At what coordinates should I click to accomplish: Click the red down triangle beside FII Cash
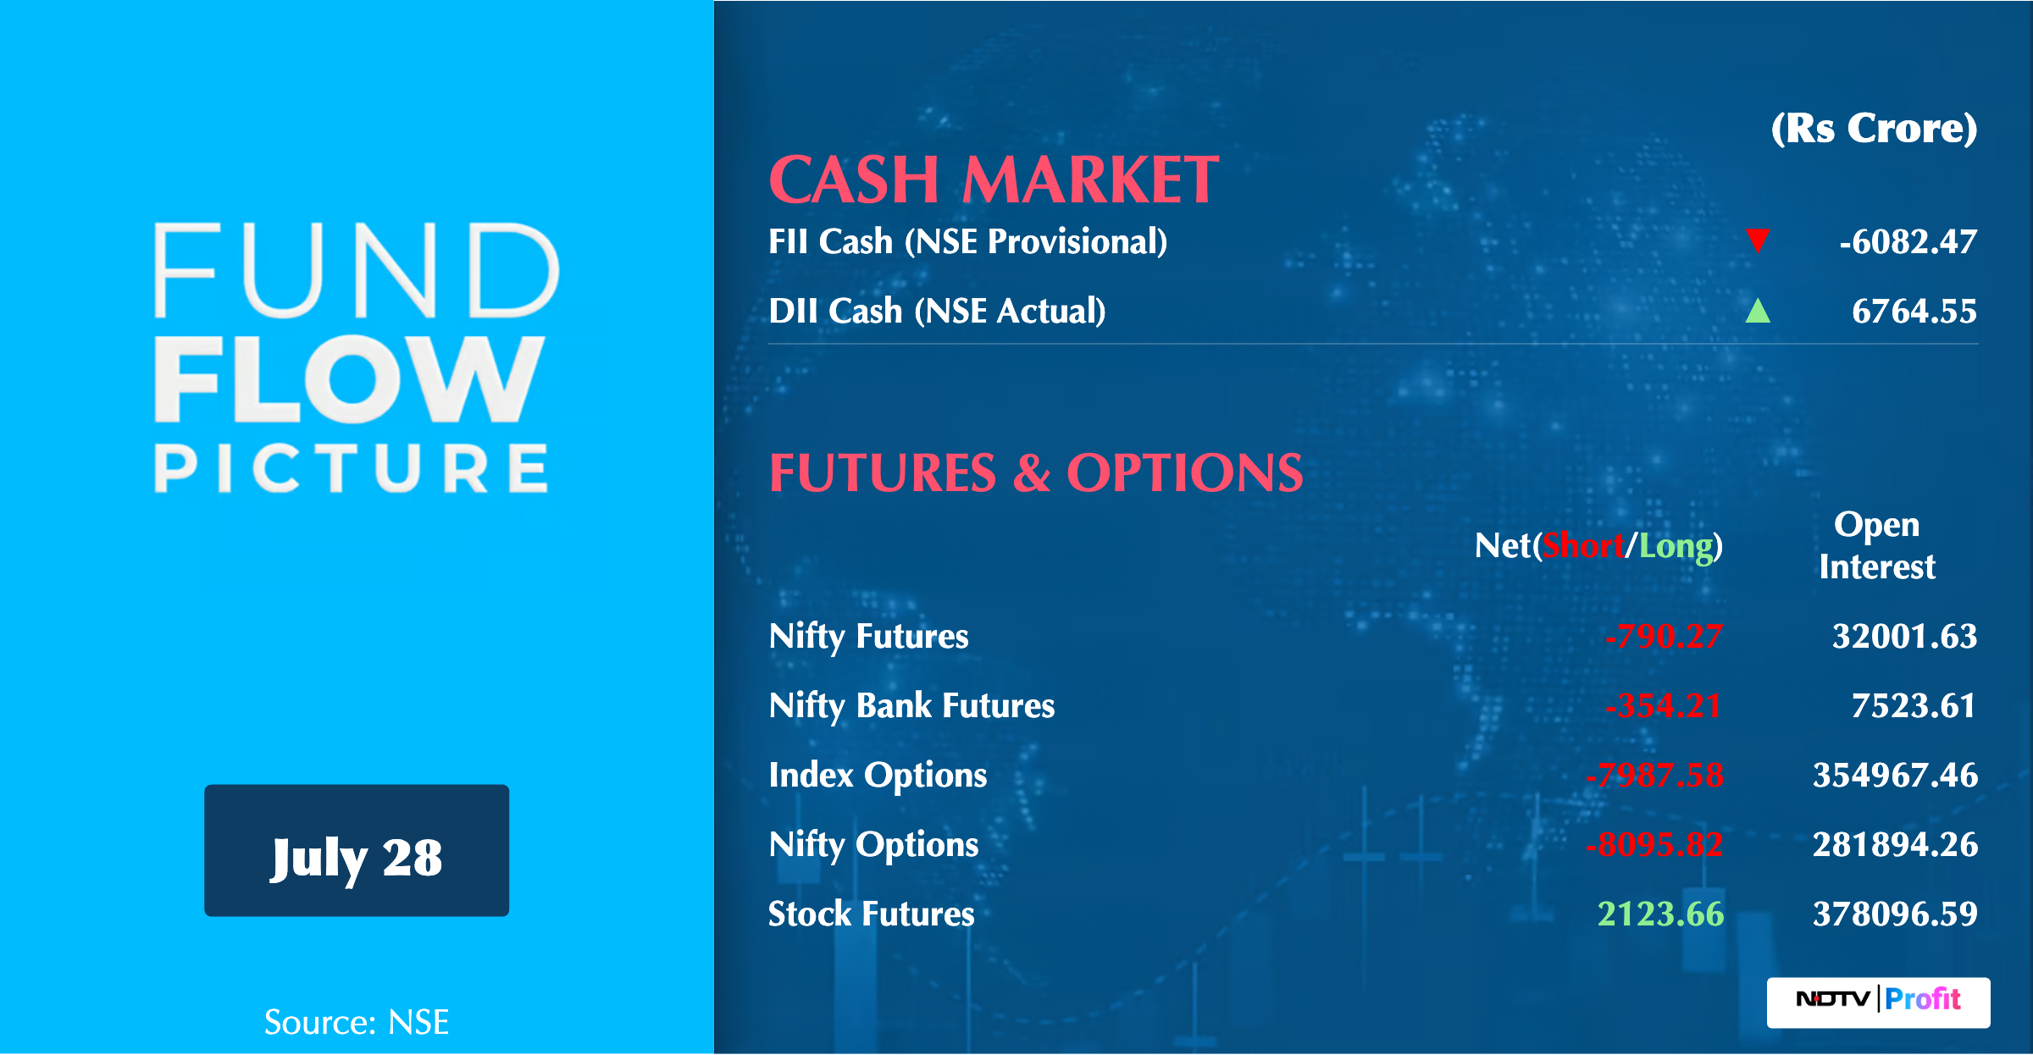tap(1758, 240)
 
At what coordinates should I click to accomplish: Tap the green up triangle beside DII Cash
tap(1758, 312)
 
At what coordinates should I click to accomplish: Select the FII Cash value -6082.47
tap(1908, 242)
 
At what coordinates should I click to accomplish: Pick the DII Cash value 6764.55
tap(1914, 312)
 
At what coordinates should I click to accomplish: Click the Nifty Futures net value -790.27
tap(1664, 637)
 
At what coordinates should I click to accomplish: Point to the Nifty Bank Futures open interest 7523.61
tap(1913, 706)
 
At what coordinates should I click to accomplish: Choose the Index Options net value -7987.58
tap(1654, 776)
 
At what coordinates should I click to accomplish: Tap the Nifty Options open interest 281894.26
tap(1895, 845)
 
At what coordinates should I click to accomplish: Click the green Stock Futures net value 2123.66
tap(1660, 914)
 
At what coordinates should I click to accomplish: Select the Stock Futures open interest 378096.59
tap(1895, 914)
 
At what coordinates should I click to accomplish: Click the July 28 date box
tap(357, 851)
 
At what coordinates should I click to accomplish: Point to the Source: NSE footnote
tap(357, 1022)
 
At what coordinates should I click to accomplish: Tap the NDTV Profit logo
tap(1878, 1001)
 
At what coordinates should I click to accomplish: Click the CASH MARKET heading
tap(994, 180)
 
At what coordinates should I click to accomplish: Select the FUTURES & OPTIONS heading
tap(1035, 472)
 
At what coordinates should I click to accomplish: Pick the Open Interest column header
tap(1876, 545)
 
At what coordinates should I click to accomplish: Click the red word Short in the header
tap(1582, 546)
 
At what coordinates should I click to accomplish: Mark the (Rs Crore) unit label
tap(1874, 129)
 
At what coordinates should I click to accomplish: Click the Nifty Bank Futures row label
tap(911, 706)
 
